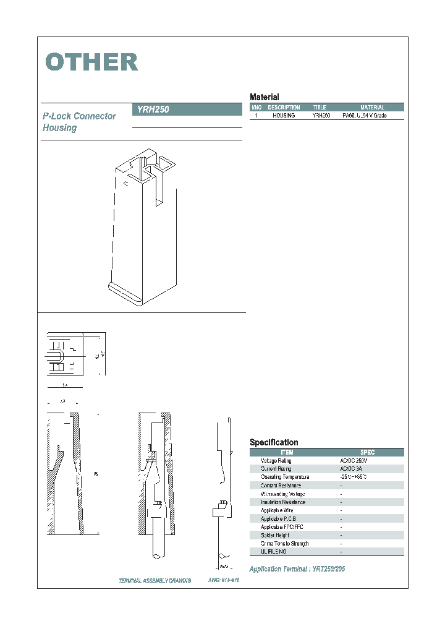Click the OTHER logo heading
tap(91, 62)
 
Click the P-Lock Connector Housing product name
tap(78, 122)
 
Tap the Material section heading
tap(264, 97)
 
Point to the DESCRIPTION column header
tap(284, 108)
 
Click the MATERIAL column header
tap(372, 108)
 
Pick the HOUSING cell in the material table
tap(284, 116)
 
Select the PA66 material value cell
tap(365, 116)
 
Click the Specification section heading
tap(274, 442)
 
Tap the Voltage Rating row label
tap(276, 461)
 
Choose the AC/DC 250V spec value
tap(354, 461)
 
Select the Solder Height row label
tap(274, 535)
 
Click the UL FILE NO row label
tap(274, 551)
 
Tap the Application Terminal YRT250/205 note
tap(297, 568)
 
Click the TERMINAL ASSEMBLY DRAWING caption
tap(155, 581)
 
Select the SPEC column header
tap(367, 452)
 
